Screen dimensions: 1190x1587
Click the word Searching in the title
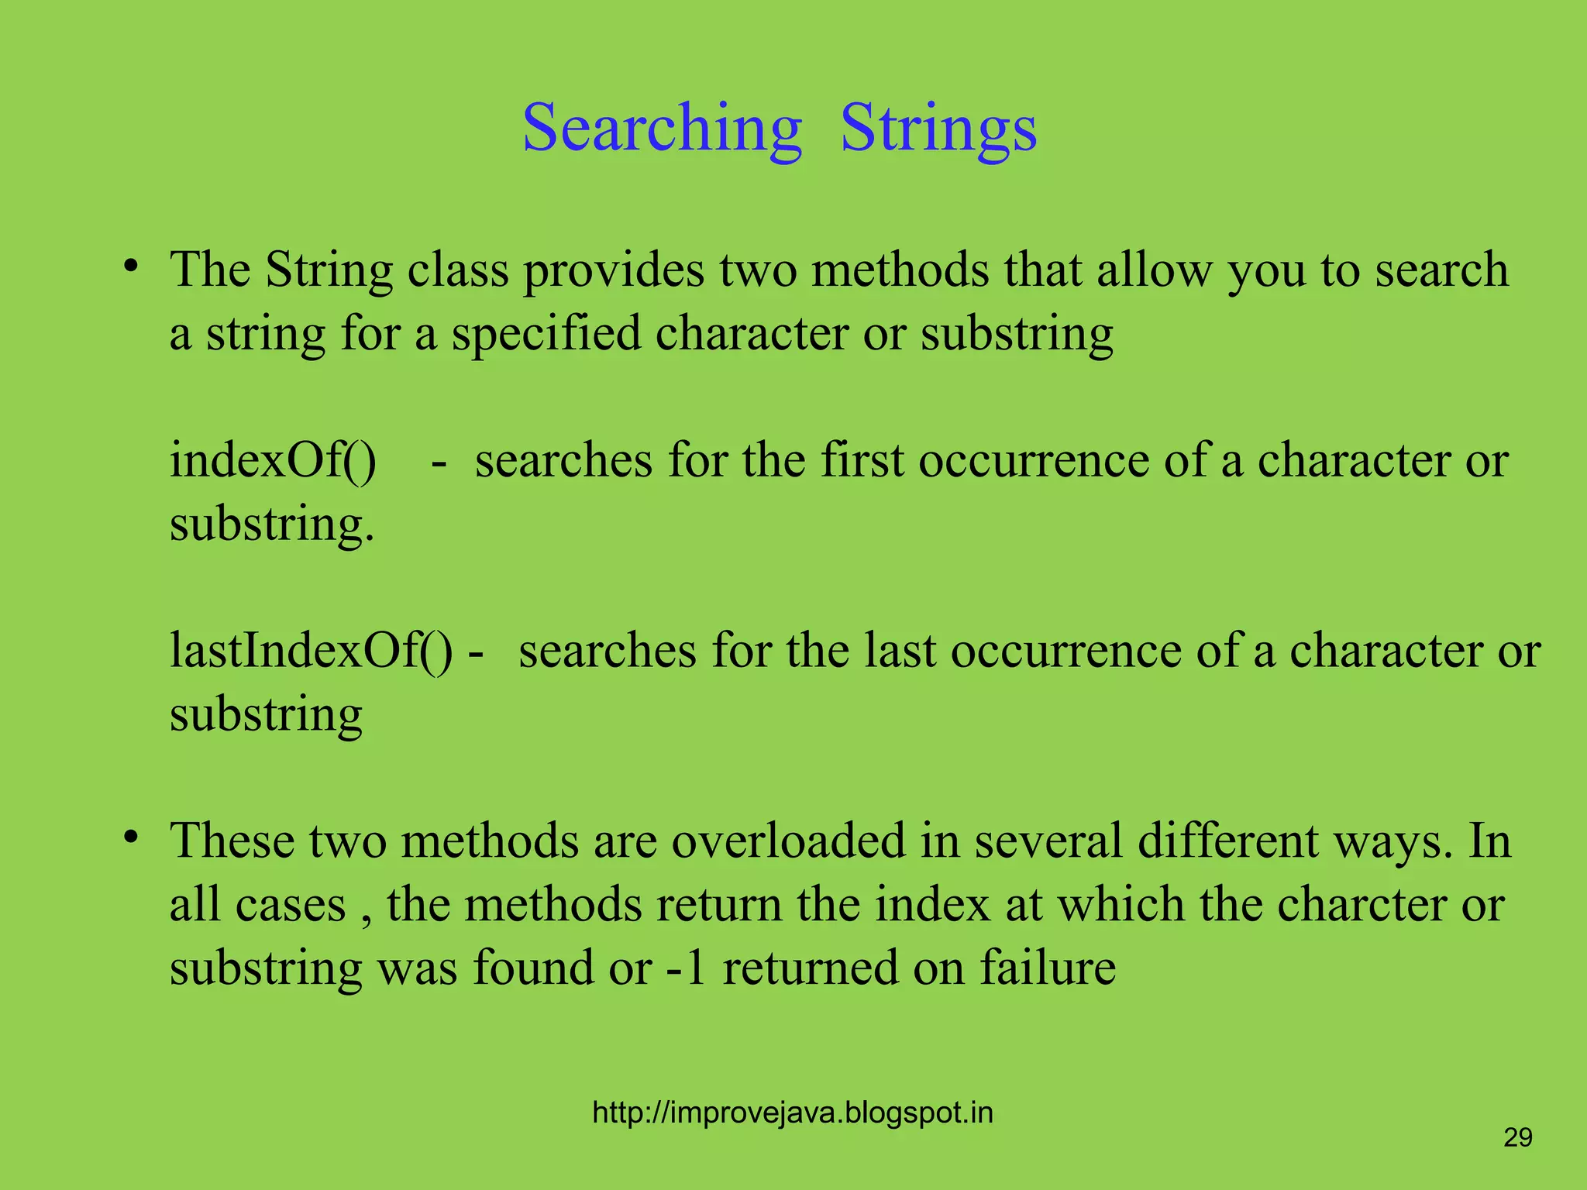click(662, 129)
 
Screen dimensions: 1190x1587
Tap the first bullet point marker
click(131, 266)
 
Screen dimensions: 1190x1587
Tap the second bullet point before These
click(131, 837)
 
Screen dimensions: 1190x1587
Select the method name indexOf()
click(273, 460)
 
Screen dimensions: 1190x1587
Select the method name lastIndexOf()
click(311, 651)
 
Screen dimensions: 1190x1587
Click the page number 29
click(1517, 1137)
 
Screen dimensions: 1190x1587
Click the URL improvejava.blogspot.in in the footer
click(792, 1113)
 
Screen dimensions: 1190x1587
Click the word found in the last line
click(534, 968)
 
